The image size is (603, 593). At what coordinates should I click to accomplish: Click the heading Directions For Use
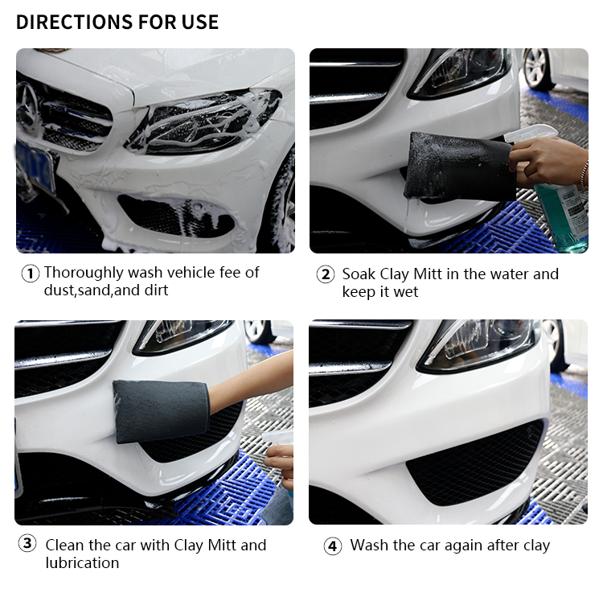point(117,22)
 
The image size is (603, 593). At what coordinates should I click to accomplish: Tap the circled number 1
point(30,274)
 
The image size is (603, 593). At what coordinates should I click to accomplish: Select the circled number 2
point(326,274)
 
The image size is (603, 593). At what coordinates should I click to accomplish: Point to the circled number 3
point(27,544)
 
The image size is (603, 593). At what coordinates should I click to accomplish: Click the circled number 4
point(333,546)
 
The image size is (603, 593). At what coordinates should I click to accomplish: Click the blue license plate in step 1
point(35,167)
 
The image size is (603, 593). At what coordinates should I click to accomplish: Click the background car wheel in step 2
point(537,68)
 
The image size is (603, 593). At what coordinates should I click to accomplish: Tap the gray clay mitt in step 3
point(162,411)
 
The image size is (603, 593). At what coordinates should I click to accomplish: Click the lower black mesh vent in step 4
point(475,463)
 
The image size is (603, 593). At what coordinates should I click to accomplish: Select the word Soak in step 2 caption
point(359,274)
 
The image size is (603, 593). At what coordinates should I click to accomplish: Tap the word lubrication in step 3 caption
point(82,562)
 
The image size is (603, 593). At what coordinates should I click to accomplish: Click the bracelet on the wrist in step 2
point(585,175)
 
